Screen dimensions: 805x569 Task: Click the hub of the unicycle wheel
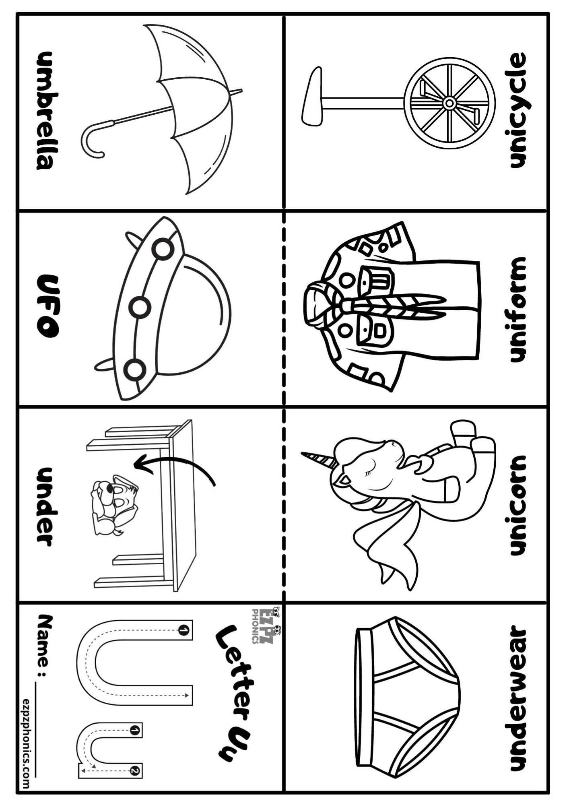point(449,103)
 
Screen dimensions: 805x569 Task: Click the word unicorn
point(517,506)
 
